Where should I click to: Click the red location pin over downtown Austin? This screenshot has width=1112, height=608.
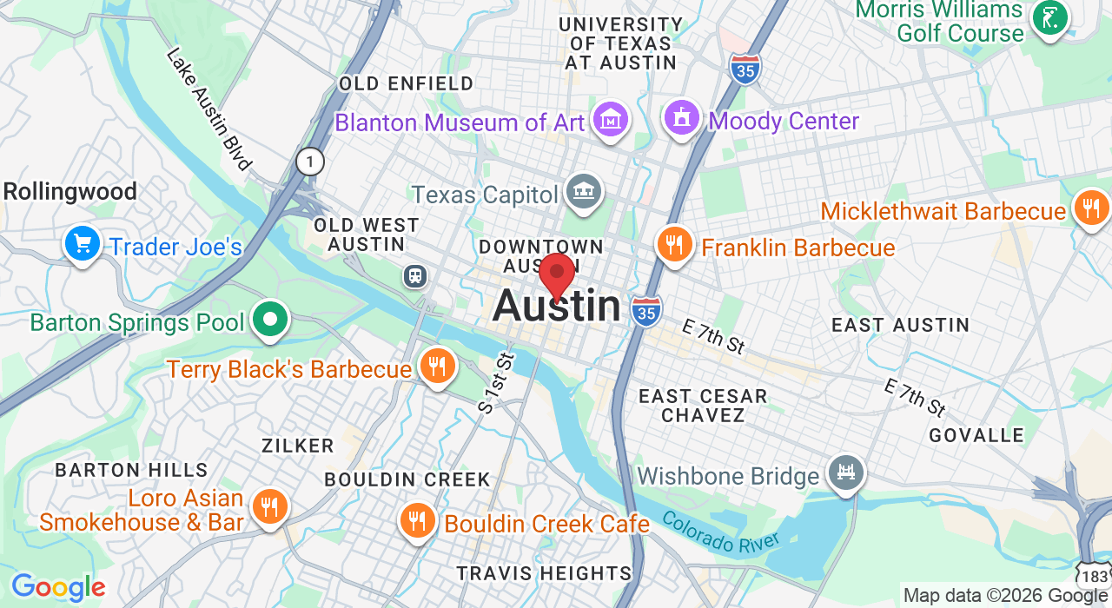coord(557,274)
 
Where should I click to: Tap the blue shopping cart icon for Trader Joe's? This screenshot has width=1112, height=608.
coord(83,244)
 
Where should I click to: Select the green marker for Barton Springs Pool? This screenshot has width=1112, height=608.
coord(270,319)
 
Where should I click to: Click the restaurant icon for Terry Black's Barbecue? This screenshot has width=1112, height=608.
coord(438,366)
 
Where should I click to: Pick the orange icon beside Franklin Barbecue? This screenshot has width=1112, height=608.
coord(674,244)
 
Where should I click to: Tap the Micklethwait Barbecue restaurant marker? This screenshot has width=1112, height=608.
coord(1091,208)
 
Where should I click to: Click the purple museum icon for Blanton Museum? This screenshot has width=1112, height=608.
coord(610,119)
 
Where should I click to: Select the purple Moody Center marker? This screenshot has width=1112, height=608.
coord(682,117)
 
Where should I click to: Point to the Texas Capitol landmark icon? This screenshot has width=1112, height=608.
coord(583,192)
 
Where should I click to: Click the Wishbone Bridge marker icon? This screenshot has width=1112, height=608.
coord(845,473)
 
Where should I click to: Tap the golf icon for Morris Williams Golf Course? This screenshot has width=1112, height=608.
coord(1049,17)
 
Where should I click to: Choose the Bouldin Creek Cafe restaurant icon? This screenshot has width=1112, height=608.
coord(419,520)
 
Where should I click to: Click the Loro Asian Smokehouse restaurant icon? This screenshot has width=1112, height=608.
coord(270,506)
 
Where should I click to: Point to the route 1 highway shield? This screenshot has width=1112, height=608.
coord(310,161)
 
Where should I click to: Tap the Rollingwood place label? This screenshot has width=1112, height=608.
coord(70,191)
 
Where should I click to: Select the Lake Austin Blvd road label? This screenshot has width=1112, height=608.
coord(208,109)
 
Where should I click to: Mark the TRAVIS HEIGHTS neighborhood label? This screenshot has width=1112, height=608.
coord(544,573)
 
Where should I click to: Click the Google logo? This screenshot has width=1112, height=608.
coord(57,588)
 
